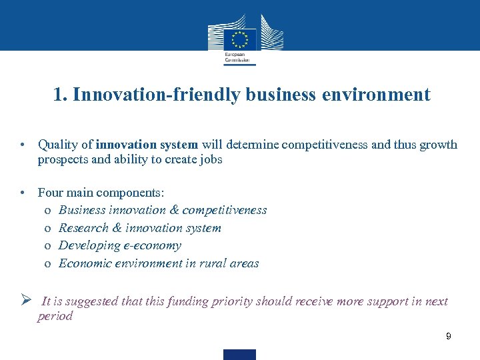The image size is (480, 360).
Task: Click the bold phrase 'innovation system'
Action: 147,144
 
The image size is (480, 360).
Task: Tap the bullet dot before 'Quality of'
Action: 22,145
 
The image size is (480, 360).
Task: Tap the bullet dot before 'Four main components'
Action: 22,193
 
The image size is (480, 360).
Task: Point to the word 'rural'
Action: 213,263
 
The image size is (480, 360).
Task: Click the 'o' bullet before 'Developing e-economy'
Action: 48,246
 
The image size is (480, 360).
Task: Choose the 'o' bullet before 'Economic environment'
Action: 48,264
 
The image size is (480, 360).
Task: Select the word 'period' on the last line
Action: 55,316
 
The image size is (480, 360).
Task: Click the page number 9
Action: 449,337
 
